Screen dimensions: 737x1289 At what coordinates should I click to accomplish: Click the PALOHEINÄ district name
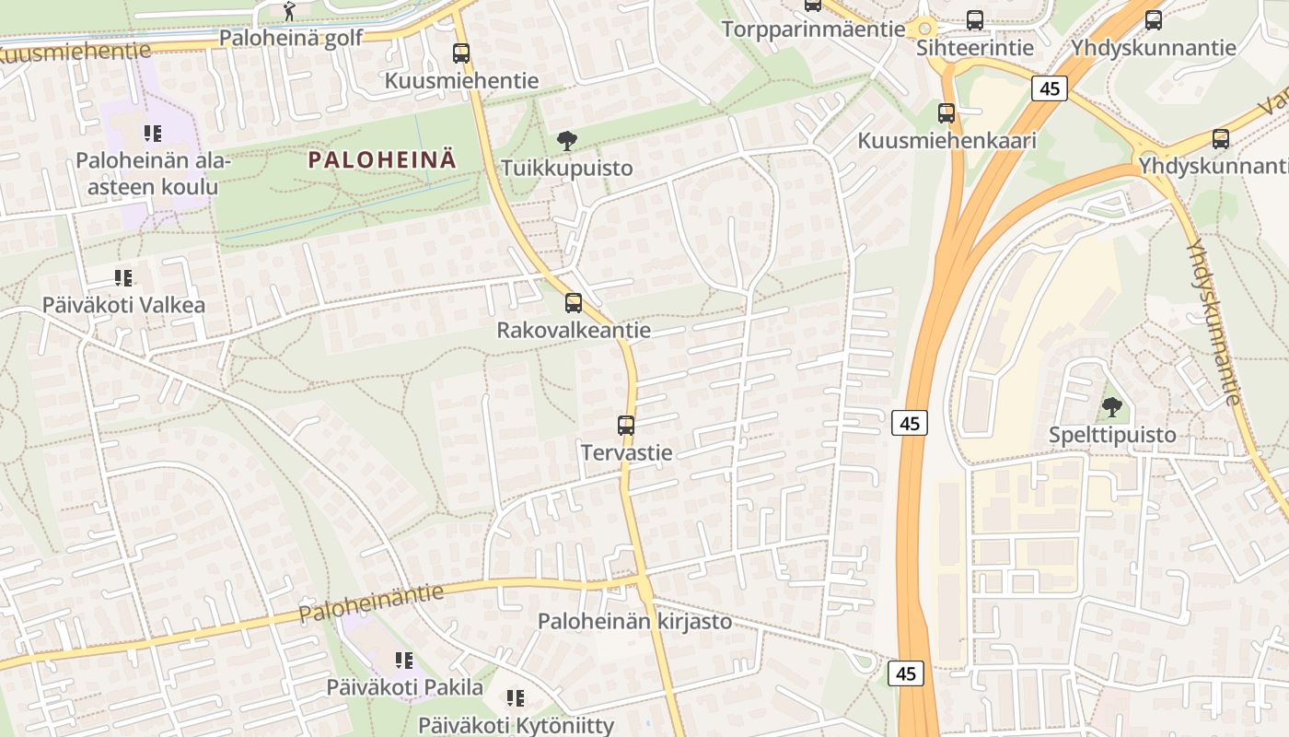coord(381,159)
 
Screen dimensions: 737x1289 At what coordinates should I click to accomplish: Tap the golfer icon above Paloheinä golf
coord(289,12)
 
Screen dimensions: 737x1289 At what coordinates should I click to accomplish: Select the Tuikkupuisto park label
coord(567,168)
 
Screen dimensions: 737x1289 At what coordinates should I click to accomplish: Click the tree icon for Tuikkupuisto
coord(567,141)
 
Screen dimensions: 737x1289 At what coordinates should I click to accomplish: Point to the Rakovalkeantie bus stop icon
coord(574,303)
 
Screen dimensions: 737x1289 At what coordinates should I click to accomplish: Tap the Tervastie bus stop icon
coord(626,426)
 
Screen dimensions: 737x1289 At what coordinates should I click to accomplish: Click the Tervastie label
coord(626,452)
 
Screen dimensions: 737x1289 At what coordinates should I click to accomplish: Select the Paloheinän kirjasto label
coord(634,621)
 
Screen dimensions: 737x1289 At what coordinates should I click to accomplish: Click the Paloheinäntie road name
coord(370,602)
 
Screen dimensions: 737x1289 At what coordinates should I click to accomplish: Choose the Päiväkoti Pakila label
coord(404,687)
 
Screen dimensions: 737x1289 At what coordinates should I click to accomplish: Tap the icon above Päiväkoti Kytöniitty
coord(516,698)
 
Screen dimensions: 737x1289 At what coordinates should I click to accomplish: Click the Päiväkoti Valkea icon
coord(123,278)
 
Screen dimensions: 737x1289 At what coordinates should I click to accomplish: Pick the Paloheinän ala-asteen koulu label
coord(147,174)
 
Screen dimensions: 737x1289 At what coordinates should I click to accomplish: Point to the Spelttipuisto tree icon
coord(1112,407)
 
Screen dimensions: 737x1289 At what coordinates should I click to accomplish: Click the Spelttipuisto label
coord(1112,435)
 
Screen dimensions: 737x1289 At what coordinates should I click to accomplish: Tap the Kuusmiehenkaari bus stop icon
coord(946,113)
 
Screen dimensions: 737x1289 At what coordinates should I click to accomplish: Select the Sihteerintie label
coord(975,47)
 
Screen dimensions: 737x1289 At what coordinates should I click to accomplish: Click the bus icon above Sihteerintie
coord(975,20)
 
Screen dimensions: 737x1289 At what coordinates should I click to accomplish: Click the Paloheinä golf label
coord(291,38)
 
